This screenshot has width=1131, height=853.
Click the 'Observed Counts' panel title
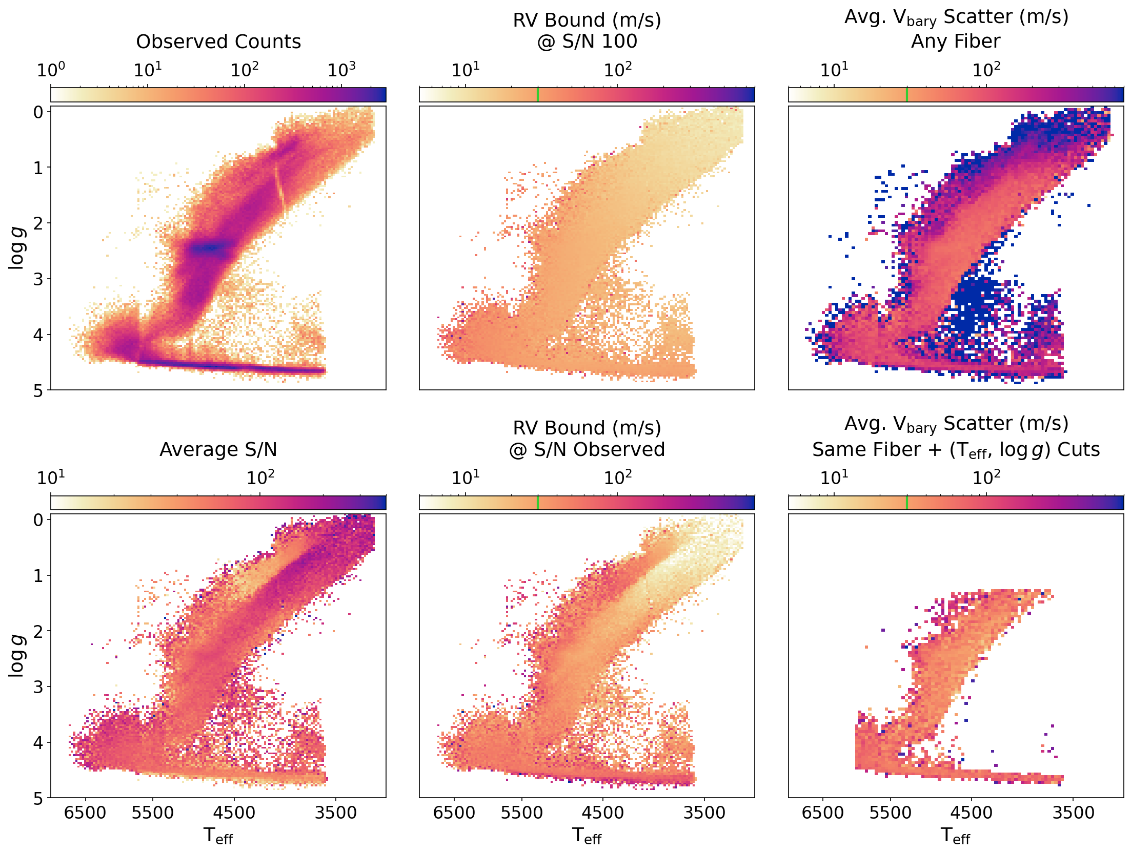218,42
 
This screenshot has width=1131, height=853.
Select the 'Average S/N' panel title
218,450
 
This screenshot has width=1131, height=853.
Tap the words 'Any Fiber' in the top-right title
956,41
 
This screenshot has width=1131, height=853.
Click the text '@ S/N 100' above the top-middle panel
587,41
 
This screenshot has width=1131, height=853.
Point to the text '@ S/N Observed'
587,450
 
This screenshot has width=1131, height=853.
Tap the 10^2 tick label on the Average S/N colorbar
260,477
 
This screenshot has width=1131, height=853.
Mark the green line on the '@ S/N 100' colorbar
538,95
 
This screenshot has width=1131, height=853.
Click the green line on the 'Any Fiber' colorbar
907,95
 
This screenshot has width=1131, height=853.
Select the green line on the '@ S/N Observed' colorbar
538,503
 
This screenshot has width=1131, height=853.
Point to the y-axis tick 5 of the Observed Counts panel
38,391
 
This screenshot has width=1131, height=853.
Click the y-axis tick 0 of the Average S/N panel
38,520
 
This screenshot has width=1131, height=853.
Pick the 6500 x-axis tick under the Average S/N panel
85,813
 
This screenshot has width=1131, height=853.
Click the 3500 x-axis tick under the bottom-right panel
1073,813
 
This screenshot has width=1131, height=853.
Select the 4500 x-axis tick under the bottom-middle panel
602,813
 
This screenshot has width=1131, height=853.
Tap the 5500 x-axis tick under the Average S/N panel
153,813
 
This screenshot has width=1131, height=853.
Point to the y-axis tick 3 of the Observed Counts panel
38,279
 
